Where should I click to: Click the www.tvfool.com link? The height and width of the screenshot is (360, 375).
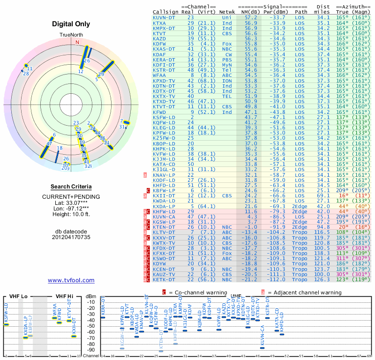pos(71,280)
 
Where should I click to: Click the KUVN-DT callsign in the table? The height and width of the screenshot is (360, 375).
pos(164,17)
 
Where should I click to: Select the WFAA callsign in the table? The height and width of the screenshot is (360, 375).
pos(159,75)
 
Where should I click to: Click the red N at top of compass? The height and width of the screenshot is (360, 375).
pos(77,42)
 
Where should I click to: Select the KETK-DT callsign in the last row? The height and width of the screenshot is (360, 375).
pos(164,279)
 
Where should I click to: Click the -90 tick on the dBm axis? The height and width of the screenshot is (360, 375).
pos(91,350)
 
